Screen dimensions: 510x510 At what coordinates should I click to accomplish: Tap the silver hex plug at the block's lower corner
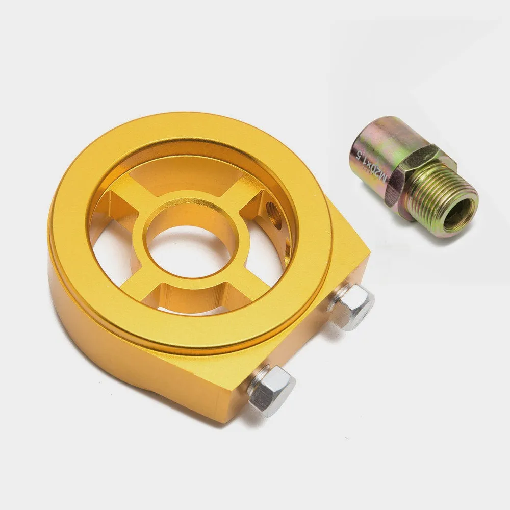click(x=272, y=390)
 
